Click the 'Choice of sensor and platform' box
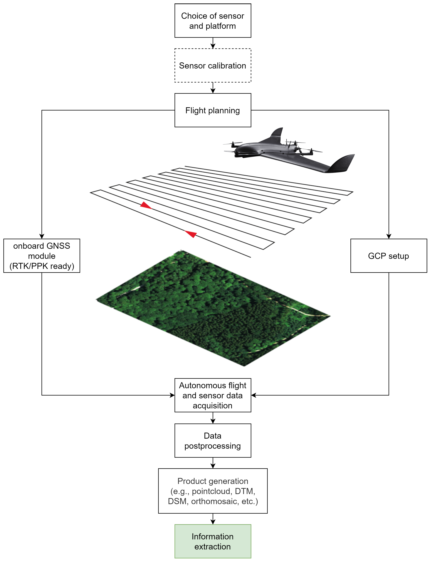coord(213,21)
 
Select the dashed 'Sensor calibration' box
coord(213,65)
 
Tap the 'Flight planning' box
coord(213,110)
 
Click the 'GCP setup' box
coord(389,256)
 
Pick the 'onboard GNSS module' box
coord(42,256)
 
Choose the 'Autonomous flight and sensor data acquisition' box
coord(213,395)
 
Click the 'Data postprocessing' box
coord(213,441)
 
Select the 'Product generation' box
coord(213,491)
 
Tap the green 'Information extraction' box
coord(213,541)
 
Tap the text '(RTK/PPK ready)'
coord(42,266)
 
